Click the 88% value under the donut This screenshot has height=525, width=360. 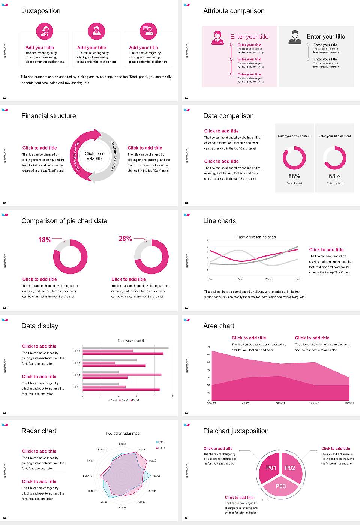[294, 176]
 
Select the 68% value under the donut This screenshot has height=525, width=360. [334, 176]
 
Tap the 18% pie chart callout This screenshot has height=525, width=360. [45, 240]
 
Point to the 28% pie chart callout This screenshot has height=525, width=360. [125, 238]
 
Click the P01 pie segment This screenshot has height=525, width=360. [271, 468]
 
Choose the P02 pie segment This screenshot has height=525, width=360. [290, 468]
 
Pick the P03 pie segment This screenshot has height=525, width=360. [280, 486]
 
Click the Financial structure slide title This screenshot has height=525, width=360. [49, 116]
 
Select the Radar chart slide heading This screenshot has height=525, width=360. [39, 431]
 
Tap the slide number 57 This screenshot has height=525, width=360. [187, 308]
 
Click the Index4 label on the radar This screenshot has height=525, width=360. [156, 475]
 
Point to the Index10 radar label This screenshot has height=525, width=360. [87, 475]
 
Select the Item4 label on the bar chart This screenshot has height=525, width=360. [76, 351]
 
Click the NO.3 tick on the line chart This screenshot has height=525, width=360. [268, 279]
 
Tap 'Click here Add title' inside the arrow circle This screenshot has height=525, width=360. [94, 156]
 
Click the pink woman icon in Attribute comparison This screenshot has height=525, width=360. [217, 38]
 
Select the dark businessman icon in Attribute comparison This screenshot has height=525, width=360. [295, 37]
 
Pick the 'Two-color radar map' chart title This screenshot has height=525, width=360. [122, 433]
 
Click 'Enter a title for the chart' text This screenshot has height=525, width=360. [256, 237]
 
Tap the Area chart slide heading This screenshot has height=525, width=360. [219, 326]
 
